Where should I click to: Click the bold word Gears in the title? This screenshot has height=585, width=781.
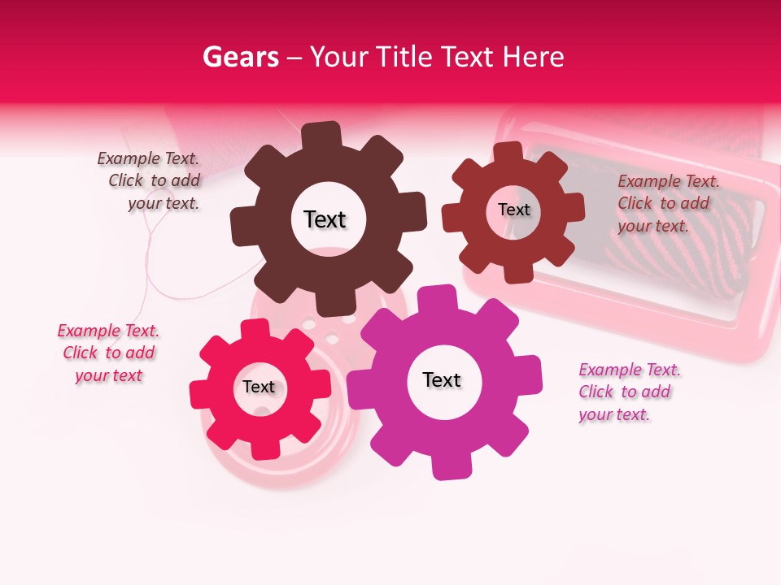point(241,57)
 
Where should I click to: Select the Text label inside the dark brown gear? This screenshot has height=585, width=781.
point(325,219)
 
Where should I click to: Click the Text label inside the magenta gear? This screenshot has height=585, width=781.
point(442,380)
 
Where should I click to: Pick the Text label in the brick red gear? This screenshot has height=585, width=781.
point(513,210)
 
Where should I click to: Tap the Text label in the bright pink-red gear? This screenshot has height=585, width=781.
point(259,388)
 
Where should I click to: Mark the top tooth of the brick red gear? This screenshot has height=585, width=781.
point(508,152)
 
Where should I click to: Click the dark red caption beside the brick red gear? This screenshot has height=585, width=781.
point(668,203)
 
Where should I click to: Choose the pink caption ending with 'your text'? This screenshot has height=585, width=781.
point(108,353)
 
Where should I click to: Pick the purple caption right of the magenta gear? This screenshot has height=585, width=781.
point(629,392)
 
